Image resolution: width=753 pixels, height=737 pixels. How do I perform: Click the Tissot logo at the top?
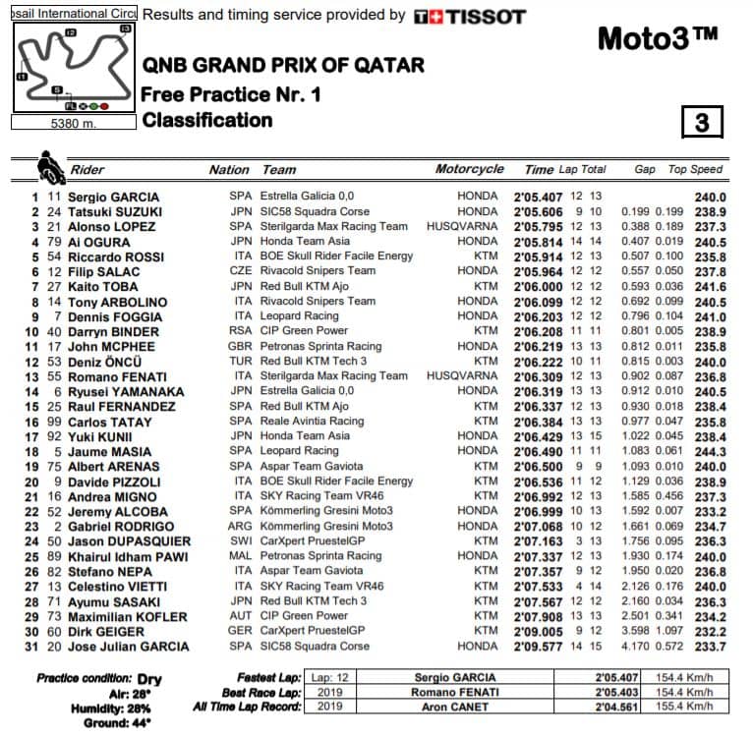pyautogui.click(x=469, y=17)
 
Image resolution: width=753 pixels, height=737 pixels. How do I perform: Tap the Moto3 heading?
pyautogui.click(x=658, y=38)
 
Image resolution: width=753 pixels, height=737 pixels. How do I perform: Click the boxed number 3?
pyautogui.click(x=701, y=122)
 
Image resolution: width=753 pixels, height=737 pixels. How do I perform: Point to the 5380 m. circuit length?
pyautogui.click(x=72, y=124)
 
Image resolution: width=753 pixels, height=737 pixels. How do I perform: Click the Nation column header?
pyautogui.click(x=228, y=170)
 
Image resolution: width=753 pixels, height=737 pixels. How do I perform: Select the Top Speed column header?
pyautogui.click(x=697, y=170)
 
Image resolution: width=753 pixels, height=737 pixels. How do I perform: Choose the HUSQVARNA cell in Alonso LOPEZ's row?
pyautogui.click(x=461, y=227)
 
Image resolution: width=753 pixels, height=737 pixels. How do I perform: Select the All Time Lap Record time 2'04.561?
pyautogui.click(x=616, y=707)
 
